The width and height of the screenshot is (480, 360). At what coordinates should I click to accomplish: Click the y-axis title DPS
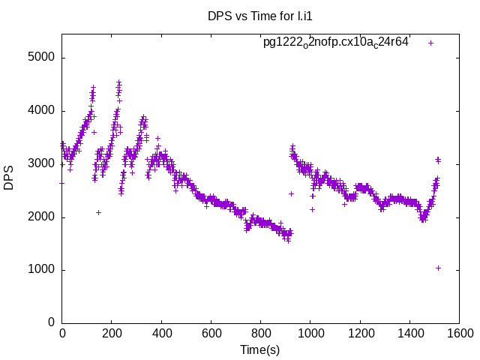click(9, 177)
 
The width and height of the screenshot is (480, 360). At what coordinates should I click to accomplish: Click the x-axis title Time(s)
click(259, 349)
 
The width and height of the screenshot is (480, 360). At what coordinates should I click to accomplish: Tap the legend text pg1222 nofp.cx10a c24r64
click(335, 43)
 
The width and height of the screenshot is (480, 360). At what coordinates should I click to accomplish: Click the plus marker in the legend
click(431, 43)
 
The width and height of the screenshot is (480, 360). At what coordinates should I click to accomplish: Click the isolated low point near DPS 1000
click(438, 268)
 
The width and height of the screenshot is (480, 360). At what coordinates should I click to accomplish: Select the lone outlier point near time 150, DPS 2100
click(98, 212)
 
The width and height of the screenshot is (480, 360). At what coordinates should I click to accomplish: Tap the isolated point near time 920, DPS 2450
click(291, 193)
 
